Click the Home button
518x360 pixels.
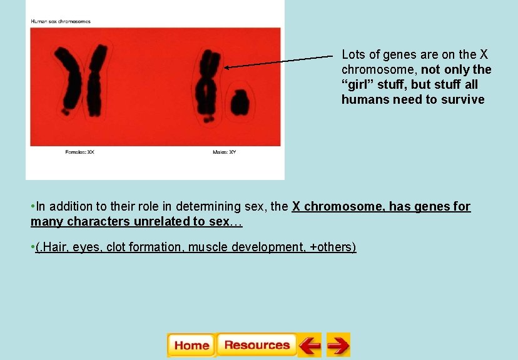click(191, 345)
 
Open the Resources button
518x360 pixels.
click(256, 345)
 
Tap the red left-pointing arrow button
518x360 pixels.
click(309, 345)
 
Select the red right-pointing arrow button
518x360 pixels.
click(338, 345)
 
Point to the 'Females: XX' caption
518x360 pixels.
click(79, 152)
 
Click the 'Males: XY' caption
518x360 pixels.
click(224, 152)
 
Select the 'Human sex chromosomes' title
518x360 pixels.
click(61, 21)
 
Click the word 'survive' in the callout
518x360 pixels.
click(463, 99)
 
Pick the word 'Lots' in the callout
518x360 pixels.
click(353, 54)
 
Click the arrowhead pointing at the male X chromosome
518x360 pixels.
click(226, 67)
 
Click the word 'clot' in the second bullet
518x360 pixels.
click(116, 247)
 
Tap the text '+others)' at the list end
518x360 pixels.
click(333, 247)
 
